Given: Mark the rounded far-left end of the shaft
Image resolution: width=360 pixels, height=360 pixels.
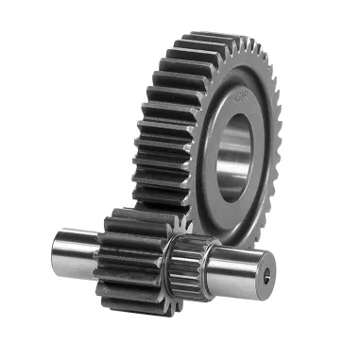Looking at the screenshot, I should [56, 248].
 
